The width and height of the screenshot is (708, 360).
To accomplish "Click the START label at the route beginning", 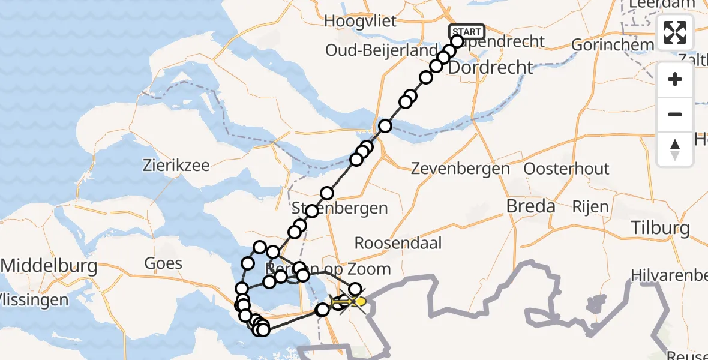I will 467,32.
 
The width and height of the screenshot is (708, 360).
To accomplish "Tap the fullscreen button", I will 675,32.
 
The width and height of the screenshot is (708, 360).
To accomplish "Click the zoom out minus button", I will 675,114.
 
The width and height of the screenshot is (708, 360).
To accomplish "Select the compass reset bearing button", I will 675,149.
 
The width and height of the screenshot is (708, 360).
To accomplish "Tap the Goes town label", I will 163,263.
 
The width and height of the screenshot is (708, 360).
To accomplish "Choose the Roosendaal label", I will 398,243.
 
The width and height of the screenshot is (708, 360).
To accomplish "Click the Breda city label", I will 530,206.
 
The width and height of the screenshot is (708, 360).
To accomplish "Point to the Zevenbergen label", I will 460,169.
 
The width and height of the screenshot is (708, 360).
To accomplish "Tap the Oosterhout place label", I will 566,169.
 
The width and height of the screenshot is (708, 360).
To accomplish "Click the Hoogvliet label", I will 360,22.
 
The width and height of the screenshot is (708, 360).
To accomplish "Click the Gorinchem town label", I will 612,45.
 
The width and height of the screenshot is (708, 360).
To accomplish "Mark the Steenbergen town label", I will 340,209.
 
